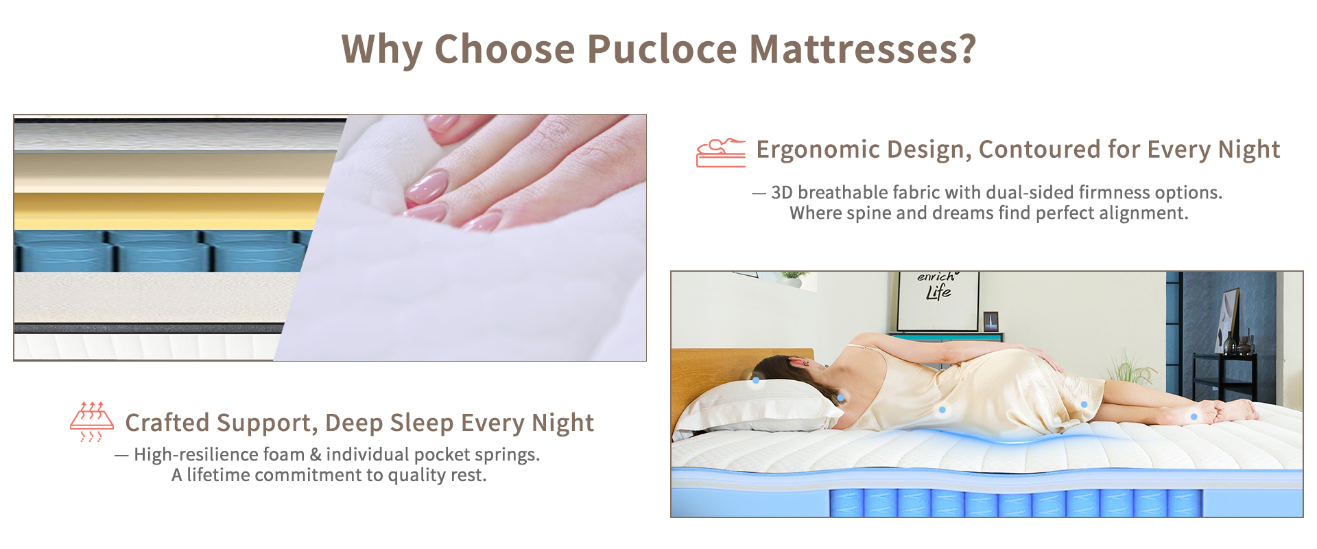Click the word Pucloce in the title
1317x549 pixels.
[x=662, y=49]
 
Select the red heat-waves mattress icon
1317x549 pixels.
[x=92, y=421]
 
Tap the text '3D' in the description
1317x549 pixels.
[x=782, y=192]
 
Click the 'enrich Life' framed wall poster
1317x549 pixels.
[x=938, y=301]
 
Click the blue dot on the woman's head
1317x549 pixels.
[x=756, y=379]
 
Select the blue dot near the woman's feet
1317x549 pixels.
[x=1194, y=417]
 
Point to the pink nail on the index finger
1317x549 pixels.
[x=427, y=187]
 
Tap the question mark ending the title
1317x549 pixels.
[x=967, y=49]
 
